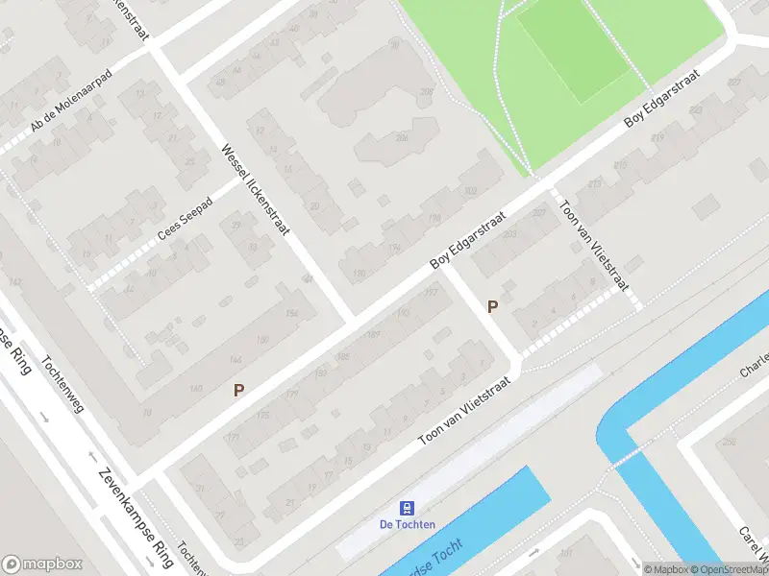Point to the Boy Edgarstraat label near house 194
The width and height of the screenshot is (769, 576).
(x=468, y=241)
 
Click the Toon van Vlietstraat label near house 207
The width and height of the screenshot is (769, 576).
(x=595, y=246)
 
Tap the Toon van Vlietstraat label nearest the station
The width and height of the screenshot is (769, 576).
(x=463, y=410)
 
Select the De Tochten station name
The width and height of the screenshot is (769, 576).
(x=408, y=524)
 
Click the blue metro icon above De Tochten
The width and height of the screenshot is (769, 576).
(x=408, y=507)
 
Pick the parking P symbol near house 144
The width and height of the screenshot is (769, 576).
(x=239, y=390)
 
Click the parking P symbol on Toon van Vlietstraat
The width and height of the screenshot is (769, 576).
(x=493, y=307)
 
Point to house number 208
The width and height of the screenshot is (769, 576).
(x=427, y=92)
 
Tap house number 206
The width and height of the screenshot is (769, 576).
(x=402, y=138)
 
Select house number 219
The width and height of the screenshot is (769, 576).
(x=658, y=138)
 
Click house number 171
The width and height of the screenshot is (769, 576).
(x=232, y=438)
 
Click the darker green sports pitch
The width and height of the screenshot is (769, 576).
(x=574, y=50)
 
